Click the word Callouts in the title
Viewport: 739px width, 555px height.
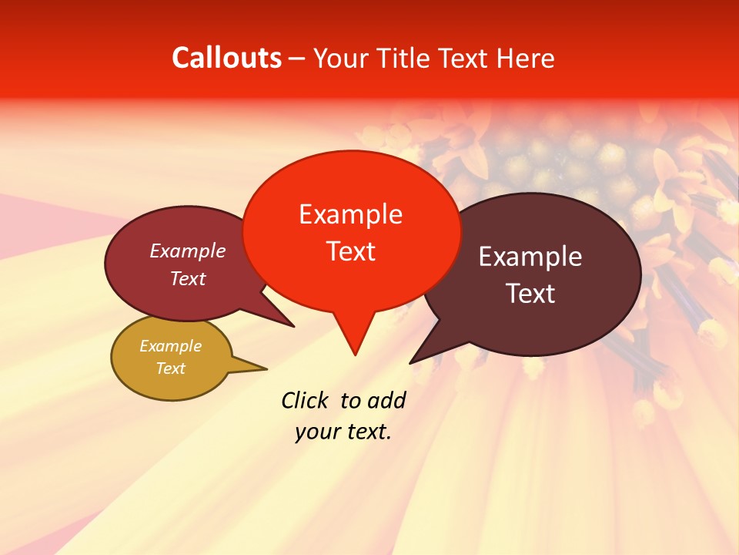(x=226, y=58)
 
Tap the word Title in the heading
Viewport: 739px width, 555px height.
(x=406, y=58)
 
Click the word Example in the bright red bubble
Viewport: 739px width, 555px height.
(x=350, y=214)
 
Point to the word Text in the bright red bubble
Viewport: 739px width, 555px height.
(x=350, y=251)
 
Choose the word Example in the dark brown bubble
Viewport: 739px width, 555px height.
(x=530, y=257)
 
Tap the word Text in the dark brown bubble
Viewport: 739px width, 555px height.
(x=530, y=294)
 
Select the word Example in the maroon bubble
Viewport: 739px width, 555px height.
(x=188, y=251)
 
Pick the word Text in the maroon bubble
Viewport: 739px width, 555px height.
(x=188, y=278)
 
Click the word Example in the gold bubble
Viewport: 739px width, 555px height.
(x=170, y=346)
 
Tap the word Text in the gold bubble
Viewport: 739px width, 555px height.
(x=170, y=368)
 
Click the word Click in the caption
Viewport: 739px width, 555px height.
(x=306, y=400)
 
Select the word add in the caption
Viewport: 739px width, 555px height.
(x=386, y=400)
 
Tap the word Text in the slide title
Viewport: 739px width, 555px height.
(x=469, y=58)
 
